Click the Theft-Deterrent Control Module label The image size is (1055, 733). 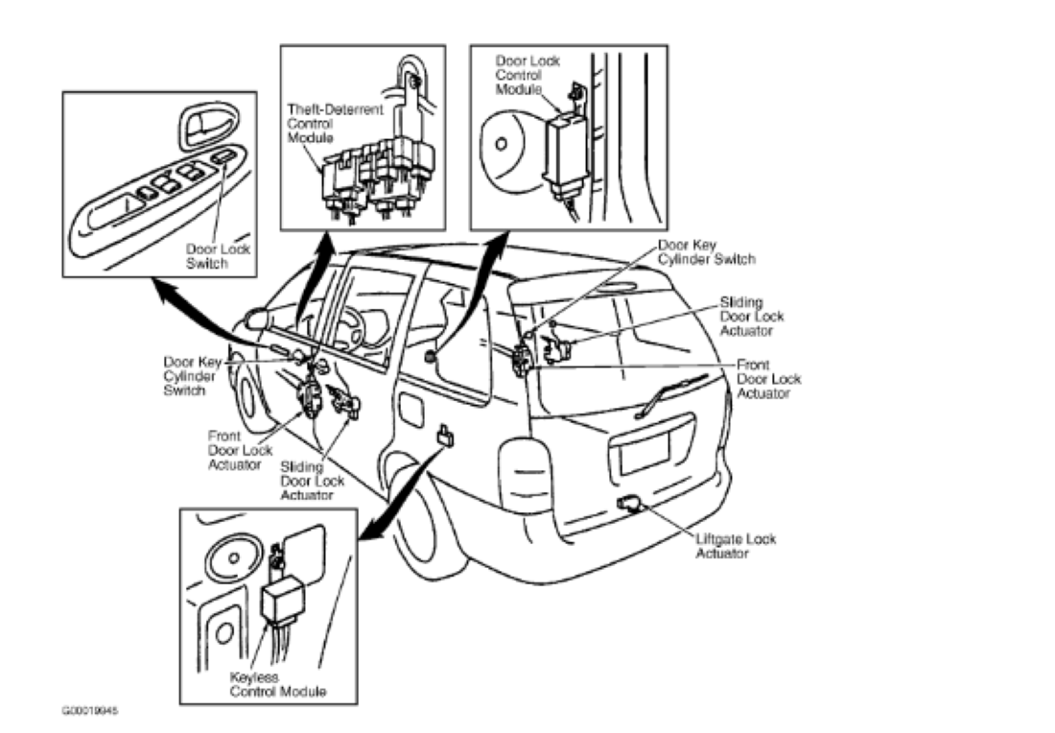click(322, 124)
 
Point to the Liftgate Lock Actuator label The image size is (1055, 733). click(736, 545)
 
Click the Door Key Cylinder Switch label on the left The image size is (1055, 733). click(192, 377)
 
